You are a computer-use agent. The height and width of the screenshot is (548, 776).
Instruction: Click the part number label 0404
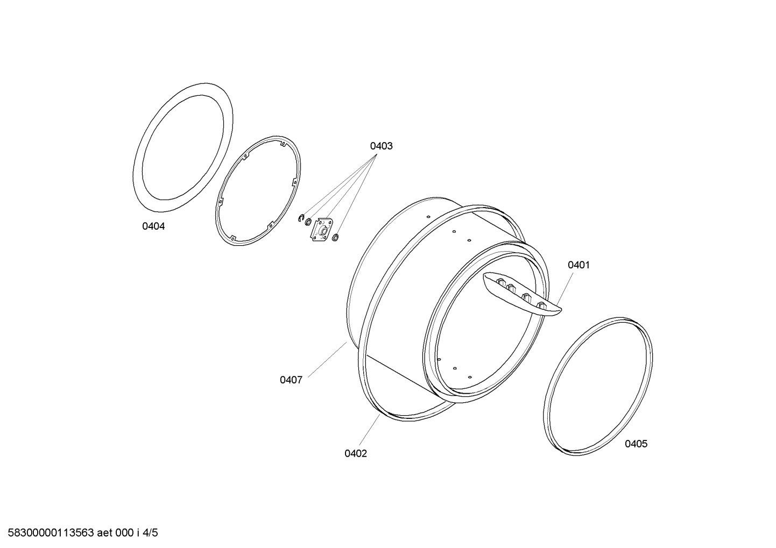153,226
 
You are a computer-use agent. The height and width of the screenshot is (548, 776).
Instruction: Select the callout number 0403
382,146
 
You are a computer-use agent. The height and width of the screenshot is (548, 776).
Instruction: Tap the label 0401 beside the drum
579,265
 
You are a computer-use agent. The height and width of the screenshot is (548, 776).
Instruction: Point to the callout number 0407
291,380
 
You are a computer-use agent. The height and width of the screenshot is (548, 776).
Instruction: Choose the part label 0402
355,453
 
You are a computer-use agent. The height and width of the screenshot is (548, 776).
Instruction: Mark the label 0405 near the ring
636,444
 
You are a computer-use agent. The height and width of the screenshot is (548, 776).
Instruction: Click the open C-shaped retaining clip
301,218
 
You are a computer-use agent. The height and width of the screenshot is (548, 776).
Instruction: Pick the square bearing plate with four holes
321,229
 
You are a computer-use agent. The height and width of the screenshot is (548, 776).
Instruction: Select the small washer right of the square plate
335,238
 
